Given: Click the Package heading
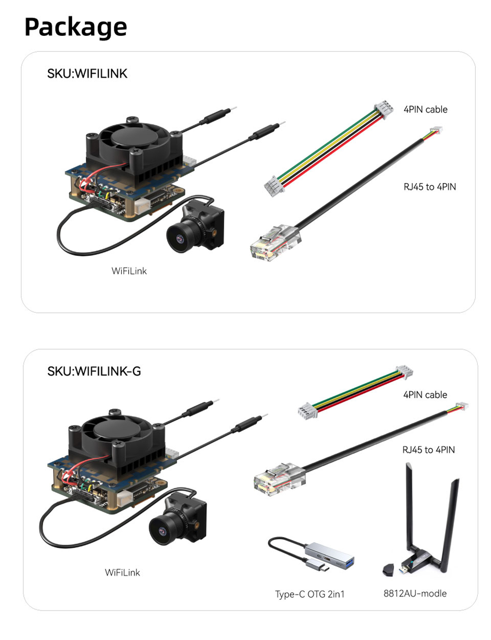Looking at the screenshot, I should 76,27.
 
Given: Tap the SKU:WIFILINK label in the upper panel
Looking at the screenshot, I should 87,74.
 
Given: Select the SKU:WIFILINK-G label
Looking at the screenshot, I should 94,371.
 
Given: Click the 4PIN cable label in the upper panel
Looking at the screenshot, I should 425,110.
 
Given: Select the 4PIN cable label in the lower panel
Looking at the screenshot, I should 425,395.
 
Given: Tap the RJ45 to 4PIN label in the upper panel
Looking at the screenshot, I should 429,187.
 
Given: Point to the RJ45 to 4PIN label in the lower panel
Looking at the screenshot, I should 428,450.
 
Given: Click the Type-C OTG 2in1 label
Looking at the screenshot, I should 309,594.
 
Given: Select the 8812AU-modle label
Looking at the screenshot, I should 415,593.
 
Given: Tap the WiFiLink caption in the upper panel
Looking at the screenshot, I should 129,271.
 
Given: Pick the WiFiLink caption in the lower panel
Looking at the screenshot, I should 122,573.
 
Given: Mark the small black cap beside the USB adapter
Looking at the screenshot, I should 388,570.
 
